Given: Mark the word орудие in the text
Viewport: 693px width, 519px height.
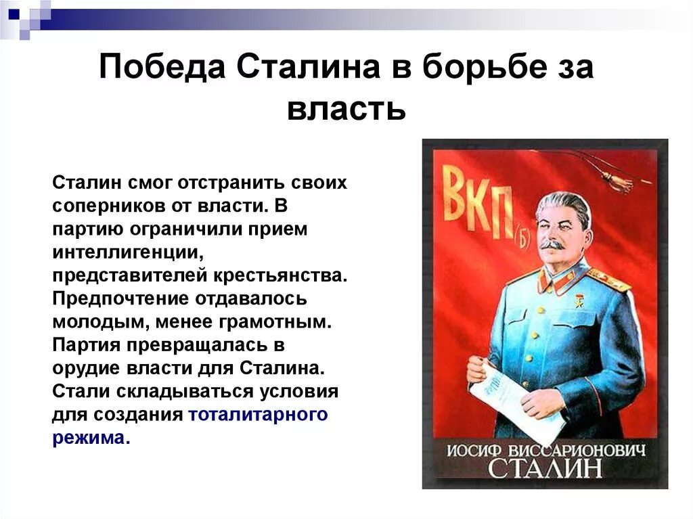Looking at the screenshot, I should (x=87, y=369).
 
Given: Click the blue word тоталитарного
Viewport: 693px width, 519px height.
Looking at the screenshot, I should (x=259, y=414).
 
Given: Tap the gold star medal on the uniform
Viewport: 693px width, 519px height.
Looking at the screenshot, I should (x=579, y=298).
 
